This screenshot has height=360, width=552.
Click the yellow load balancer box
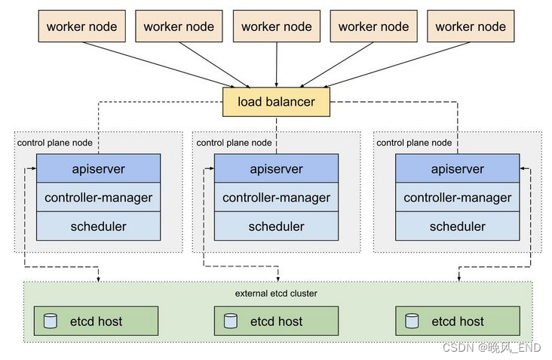click(x=276, y=102)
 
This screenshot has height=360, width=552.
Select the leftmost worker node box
click(x=81, y=26)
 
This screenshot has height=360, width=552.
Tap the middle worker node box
click(x=276, y=26)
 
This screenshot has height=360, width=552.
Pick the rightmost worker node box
click(x=471, y=26)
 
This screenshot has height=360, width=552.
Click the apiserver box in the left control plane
click(x=98, y=169)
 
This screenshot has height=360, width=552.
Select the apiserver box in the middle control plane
click(x=276, y=169)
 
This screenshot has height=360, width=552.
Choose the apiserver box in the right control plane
click(x=457, y=169)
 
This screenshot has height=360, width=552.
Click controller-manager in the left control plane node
click(x=98, y=198)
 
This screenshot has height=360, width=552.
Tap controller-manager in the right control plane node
click(x=457, y=198)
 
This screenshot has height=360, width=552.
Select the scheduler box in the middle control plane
click(x=276, y=226)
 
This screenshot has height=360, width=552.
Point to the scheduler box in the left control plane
click(x=98, y=226)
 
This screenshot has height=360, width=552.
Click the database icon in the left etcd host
click(x=51, y=321)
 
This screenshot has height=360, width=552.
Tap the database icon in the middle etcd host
click(x=231, y=321)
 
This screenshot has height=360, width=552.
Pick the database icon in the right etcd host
click(x=412, y=321)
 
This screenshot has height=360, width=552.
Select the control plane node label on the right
click(x=414, y=143)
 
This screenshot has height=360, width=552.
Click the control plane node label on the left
click(x=54, y=143)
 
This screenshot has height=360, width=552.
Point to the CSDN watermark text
click(x=491, y=347)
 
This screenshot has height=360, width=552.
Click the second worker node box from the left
click(x=179, y=26)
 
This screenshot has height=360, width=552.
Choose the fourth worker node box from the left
click(x=373, y=26)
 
